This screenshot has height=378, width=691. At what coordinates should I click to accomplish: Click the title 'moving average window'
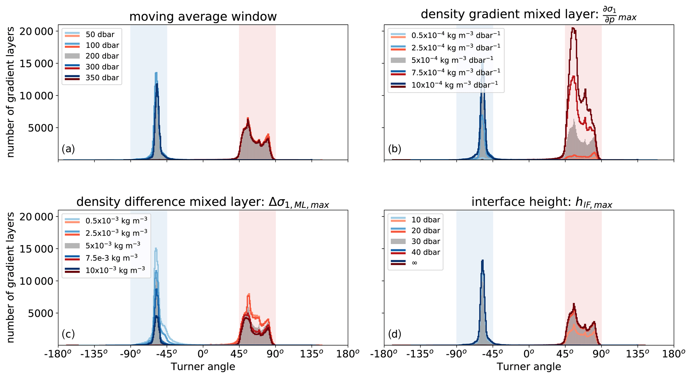point(203,17)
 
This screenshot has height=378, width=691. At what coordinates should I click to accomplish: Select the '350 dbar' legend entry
point(102,78)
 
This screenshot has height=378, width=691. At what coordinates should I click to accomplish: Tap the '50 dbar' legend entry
point(100,35)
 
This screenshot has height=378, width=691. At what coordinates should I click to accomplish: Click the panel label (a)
point(68,149)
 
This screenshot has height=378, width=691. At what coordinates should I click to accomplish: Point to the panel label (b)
point(394,149)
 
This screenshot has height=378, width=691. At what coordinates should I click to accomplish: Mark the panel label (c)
point(68,334)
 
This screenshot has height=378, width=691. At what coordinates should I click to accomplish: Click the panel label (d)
point(394,334)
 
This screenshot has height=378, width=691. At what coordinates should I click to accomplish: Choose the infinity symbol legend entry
point(415,263)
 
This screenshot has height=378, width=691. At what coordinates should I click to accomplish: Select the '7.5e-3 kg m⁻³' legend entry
point(111,258)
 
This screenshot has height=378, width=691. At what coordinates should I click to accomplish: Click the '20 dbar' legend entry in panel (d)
point(426,231)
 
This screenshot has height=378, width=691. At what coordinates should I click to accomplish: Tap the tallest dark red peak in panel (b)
point(573,28)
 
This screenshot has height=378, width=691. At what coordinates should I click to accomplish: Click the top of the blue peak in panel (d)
point(482,260)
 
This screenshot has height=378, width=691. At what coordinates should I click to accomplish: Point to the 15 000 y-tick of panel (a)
point(36,64)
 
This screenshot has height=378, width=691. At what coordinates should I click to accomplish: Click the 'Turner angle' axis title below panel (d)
point(529,367)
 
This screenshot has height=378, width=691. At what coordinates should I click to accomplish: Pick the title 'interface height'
point(542,203)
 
